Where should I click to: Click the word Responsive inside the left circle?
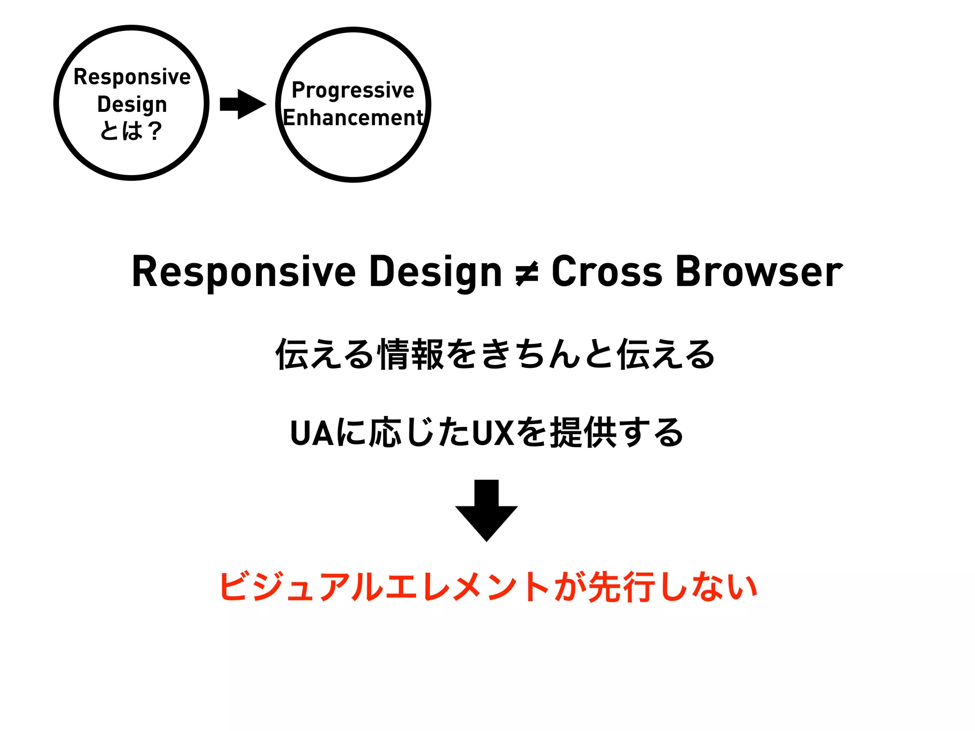tap(132, 77)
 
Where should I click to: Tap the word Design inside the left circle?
tap(132, 105)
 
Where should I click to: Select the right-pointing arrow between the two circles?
tap(243, 104)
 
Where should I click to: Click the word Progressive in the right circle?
tap(353, 90)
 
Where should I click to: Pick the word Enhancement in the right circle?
tap(353, 118)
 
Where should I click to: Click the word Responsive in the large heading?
tap(244, 272)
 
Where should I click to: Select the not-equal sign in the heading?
tap(527, 274)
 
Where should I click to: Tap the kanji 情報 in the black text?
tap(411, 355)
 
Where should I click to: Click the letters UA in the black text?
tap(312, 433)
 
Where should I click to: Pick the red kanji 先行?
tap(622, 587)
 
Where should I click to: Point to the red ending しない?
tap(709, 587)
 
